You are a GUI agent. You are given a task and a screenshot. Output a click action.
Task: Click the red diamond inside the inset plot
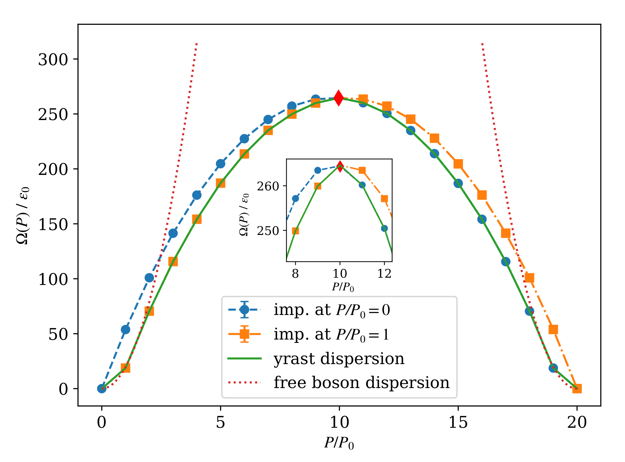[x=340, y=166]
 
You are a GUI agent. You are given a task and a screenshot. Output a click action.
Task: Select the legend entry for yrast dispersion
[x=339, y=359]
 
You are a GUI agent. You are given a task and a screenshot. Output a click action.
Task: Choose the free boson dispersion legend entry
[x=361, y=383]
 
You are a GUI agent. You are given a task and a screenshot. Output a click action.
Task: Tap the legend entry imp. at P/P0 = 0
[x=332, y=310]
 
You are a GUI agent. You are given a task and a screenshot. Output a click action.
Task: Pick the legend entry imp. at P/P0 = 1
[x=331, y=334]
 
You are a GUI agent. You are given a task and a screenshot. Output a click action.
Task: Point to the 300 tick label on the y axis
[x=53, y=60]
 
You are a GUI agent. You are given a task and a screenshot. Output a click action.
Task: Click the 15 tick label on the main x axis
[x=458, y=422]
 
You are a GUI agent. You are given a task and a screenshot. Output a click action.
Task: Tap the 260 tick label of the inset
[x=268, y=186]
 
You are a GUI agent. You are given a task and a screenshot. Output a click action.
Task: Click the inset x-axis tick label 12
[x=384, y=274]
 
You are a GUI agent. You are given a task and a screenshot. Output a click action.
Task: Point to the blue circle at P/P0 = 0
[x=102, y=389]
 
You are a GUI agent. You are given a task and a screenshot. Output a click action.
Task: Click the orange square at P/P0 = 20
[x=577, y=389]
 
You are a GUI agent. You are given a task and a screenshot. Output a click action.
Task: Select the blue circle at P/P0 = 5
[x=221, y=164]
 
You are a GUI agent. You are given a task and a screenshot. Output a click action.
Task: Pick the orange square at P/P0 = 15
[x=458, y=164]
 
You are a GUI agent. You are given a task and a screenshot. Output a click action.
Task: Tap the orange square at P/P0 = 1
[x=125, y=368]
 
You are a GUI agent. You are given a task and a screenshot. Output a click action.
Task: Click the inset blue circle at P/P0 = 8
[x=295, y=199]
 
